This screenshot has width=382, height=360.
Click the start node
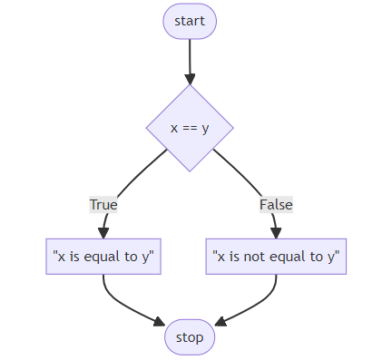[190, 21]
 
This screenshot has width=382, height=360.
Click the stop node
[190, 337]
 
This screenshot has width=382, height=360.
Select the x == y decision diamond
[190, 128]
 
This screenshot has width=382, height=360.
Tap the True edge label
[103, 205]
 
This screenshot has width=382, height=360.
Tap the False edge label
[276, 205]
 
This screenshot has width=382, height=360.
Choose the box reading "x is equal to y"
[103, 257]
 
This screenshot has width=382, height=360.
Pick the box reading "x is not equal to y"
[276, 257]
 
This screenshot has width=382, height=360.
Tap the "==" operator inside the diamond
[190, 128]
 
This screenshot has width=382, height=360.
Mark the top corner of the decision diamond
[190, 86]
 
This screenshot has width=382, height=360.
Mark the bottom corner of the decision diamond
[190, 170]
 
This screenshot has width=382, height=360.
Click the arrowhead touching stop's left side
[159, 325]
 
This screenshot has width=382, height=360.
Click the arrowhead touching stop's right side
[220, 325]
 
